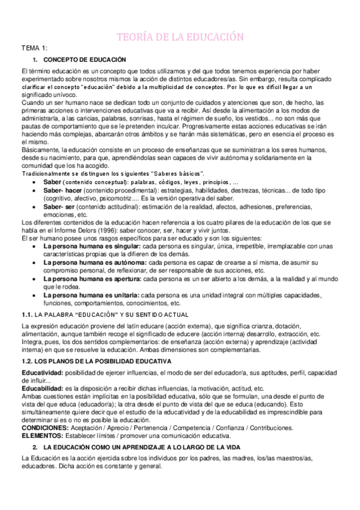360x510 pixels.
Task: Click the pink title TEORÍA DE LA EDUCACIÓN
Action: [x=180, y=38]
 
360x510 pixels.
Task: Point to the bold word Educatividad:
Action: [x=43, y=372]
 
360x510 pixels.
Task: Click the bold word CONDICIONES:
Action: [x=44, y=428]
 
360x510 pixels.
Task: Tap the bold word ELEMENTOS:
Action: [x=41, y=435]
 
